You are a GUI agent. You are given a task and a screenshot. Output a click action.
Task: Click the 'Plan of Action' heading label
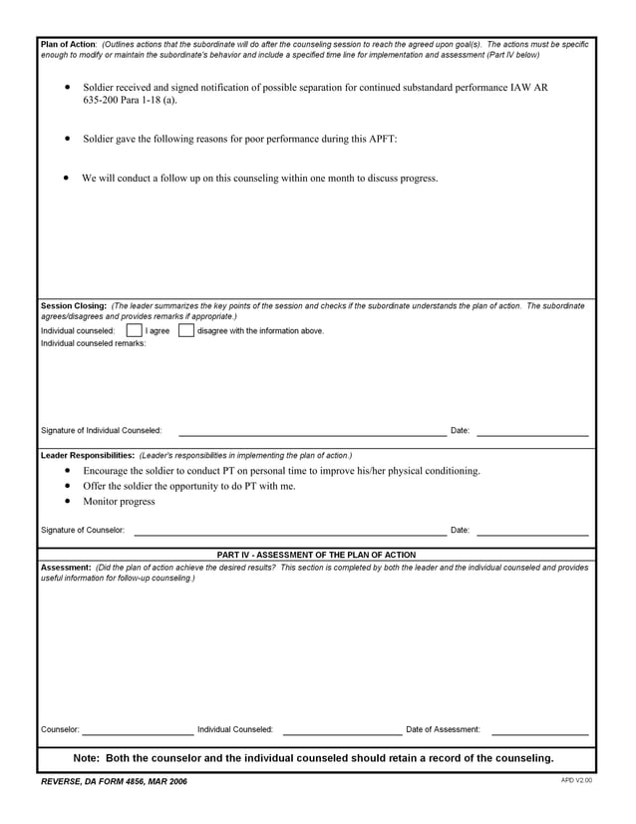68,45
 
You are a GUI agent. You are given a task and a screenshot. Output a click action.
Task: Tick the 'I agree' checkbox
134,330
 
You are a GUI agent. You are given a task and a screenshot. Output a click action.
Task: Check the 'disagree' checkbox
185,330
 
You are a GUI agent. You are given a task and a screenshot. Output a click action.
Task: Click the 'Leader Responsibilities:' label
88,455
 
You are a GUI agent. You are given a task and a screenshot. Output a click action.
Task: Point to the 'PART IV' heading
316,555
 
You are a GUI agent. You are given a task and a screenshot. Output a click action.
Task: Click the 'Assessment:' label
66,567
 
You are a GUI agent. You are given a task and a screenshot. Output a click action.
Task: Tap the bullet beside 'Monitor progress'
67,502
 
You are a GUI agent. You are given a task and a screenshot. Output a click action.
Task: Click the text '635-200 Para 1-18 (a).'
130,101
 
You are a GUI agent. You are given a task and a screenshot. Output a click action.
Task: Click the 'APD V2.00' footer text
576,780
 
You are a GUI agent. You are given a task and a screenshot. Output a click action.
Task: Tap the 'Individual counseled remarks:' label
93,343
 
